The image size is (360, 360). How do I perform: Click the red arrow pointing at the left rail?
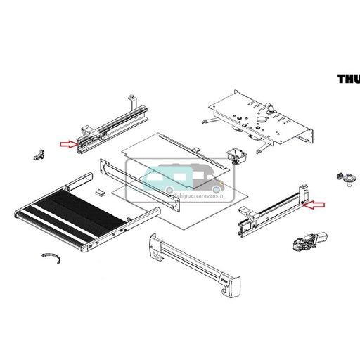(68, 145)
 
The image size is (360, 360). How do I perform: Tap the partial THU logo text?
(348, 79)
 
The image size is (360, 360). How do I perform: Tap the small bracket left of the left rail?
(39, 153)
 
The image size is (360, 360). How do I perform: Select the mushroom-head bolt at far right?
(345, 184)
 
